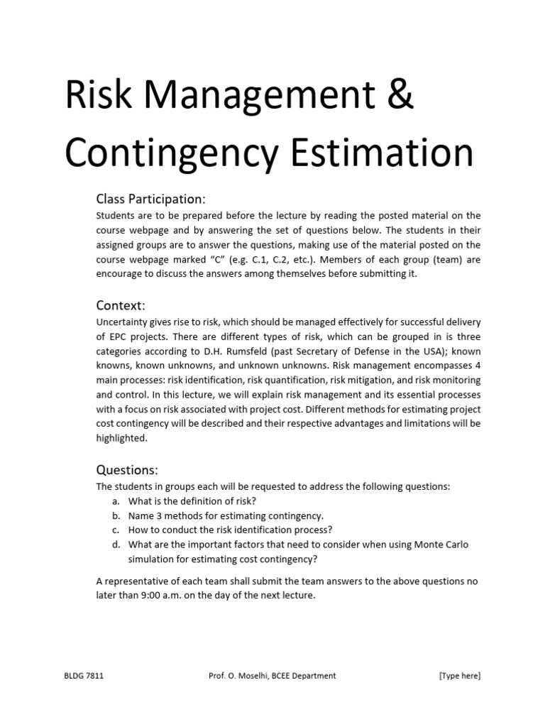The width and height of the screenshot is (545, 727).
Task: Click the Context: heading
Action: tap(121, 305)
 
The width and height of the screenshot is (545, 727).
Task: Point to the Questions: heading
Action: tap(127, 470)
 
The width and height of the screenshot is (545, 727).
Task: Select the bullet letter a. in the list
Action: tap(116, 501)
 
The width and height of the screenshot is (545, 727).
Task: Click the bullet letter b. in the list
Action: tap(116, 515)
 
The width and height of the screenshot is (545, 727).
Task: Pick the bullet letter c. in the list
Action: tap(116, 530)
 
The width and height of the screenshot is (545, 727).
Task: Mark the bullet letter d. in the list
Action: tap(116, 545)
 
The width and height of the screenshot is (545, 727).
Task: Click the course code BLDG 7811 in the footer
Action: tap(84, 676)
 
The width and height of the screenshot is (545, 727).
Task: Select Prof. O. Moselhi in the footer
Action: tap(233, 676)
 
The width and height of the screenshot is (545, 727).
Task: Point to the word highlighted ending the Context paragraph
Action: tap(121, 438)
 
